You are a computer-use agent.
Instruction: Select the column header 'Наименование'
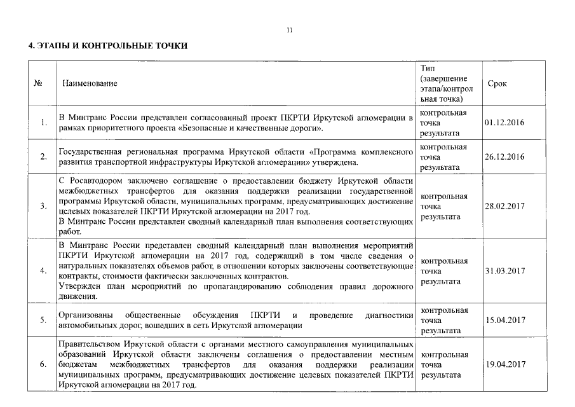pos(90,83)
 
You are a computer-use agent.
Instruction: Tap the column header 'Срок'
pos(497,83)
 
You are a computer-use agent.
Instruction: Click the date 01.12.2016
pos(504,123)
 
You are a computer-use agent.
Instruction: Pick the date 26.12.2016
pos(504,157)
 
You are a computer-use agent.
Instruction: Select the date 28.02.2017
pos(504,207)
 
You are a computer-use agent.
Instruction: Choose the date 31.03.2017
pos(504,270)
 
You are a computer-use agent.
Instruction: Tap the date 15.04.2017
pos(504,321)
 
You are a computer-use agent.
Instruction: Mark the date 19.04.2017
pos(504,364)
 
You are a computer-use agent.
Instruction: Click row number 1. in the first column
pos(43,123)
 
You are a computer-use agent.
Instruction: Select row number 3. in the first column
pos(43,207)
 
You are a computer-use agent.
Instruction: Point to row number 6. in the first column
pos(43,364)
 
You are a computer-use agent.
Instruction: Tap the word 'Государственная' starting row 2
pos(86,153)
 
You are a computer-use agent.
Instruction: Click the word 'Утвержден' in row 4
pos(78,287)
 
